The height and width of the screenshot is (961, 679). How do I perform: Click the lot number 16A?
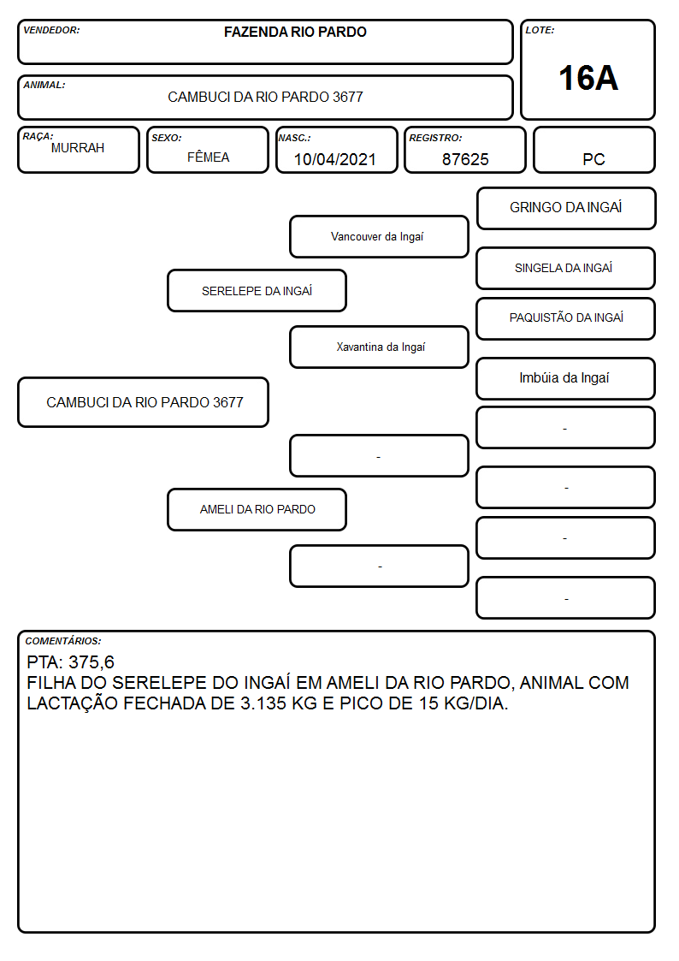tap(587, 78)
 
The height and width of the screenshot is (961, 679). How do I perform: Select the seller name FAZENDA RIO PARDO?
tap(295, 32)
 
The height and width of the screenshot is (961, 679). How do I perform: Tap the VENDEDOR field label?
tap(51, 30)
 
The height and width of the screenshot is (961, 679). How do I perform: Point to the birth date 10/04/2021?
tap(335, 159)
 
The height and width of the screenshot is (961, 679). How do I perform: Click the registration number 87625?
tap(465, 159)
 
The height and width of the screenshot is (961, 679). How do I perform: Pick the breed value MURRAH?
tap(78, 148)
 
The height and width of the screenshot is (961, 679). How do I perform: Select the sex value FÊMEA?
tap(208, 157)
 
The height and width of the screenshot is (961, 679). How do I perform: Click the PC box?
tap(593, 150)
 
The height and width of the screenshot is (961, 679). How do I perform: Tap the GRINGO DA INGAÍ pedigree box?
tap(566, 209)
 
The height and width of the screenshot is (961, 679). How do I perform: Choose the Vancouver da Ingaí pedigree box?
tap(379, 236)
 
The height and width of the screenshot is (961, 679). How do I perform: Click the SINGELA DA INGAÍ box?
tap(565, 268)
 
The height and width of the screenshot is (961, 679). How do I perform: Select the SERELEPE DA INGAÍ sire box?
tap(257, 290)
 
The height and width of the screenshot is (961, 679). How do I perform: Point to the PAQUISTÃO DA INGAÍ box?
tap(565, 318)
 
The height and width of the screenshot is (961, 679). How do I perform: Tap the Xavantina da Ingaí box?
tap(379, 347)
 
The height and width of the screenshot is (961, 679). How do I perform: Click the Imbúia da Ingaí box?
tap(565, 378)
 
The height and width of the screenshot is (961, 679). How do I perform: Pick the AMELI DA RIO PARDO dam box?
tap(257, 509)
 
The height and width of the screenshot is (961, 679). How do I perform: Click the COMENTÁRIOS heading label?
tap(63, 641)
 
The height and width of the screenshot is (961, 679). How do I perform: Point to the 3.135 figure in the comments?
tap(263, 703)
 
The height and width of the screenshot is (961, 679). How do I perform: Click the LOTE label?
tap(540, 30)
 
